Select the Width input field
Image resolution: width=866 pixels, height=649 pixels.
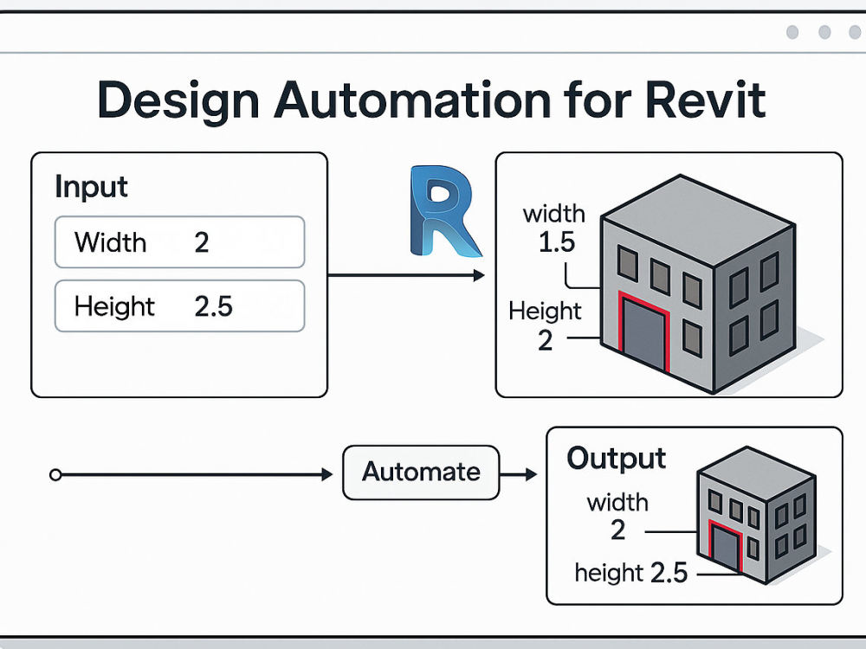click(x=179, y=242)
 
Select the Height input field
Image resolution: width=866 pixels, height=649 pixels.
click(x=179, y=306)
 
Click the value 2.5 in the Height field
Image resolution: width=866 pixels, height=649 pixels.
click(x=213, y=306)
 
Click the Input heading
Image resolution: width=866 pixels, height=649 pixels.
click(x=91, y=187)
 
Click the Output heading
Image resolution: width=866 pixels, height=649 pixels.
click(x=616, y=459)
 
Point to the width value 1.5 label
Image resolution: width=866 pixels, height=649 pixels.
click(x=556, y=242)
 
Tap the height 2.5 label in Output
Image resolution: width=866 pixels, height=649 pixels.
click(x=631, y=573)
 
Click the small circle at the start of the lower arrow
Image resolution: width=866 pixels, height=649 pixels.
click(x=55, y=474)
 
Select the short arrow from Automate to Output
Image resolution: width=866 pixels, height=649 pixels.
click(x=519, y=474)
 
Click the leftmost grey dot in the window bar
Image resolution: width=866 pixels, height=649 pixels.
click(x=792, y=32)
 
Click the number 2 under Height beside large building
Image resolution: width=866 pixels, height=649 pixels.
click(x=545, y=340)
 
